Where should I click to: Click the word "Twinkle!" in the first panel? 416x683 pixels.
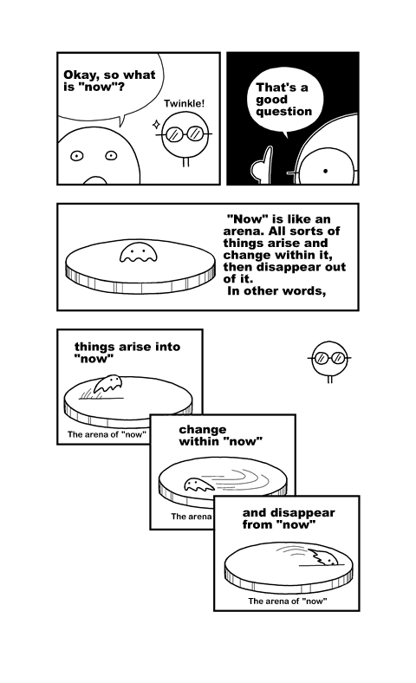(184, 104)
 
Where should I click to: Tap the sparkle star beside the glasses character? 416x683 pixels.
(156, 125)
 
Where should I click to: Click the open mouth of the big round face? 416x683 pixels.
(94, 180)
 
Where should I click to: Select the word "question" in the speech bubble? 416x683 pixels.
(284, 112)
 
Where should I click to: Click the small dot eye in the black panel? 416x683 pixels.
(325, 172)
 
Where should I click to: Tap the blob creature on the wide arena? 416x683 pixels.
(138, 252)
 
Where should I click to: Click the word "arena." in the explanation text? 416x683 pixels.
(243, 231)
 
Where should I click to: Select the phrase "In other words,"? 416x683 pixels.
(276, 291)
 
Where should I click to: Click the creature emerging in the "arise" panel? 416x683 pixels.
(108, 384)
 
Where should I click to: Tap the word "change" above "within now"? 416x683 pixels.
(203, 430)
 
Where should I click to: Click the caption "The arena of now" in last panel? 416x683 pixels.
(288, 602)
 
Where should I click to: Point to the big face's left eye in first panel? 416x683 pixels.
(76, 156)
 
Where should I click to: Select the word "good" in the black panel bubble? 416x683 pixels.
(272, 100)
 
